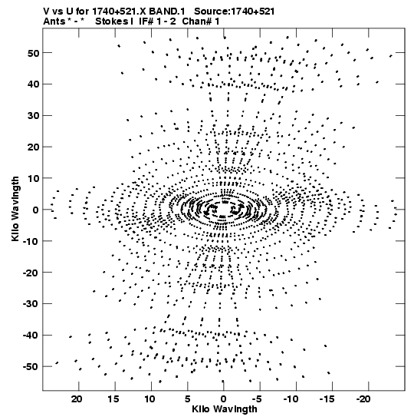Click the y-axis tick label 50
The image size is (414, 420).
(33, 53)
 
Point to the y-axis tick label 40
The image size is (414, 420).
(33, 84)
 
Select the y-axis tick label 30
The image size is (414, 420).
(33, 116)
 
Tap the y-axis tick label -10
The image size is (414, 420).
(31, 241)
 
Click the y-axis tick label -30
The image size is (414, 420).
(31, 304)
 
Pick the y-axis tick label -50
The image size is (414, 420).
(31, 366)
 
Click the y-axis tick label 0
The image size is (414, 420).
(35, 210)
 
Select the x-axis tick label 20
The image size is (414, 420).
(77, 399)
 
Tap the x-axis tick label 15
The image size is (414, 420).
(113, 399)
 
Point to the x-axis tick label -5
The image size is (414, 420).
(258, 399)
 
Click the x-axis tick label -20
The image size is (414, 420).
(363, 399)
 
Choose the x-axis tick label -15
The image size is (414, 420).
(327, 399)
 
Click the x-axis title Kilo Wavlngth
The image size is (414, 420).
(225, 409)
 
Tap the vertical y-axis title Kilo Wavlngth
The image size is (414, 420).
(15, 209)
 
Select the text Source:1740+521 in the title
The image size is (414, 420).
(235, 12)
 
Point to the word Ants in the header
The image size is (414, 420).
(54, 21)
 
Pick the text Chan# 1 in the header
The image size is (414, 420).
(201, 21)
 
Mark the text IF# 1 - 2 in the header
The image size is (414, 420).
(157, 21)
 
